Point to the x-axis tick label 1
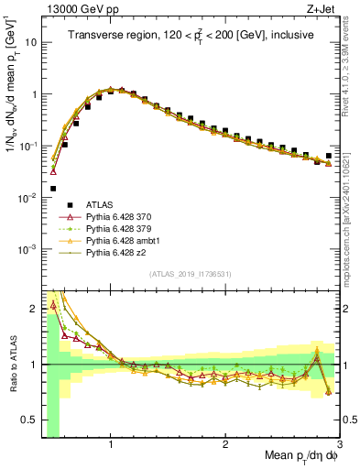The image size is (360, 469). click(x=111, y=445)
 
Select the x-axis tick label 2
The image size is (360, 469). click(x=225, y=445)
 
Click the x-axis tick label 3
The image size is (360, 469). click(x=339, y=445)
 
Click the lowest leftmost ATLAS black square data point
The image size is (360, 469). click(x=53, y=189)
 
